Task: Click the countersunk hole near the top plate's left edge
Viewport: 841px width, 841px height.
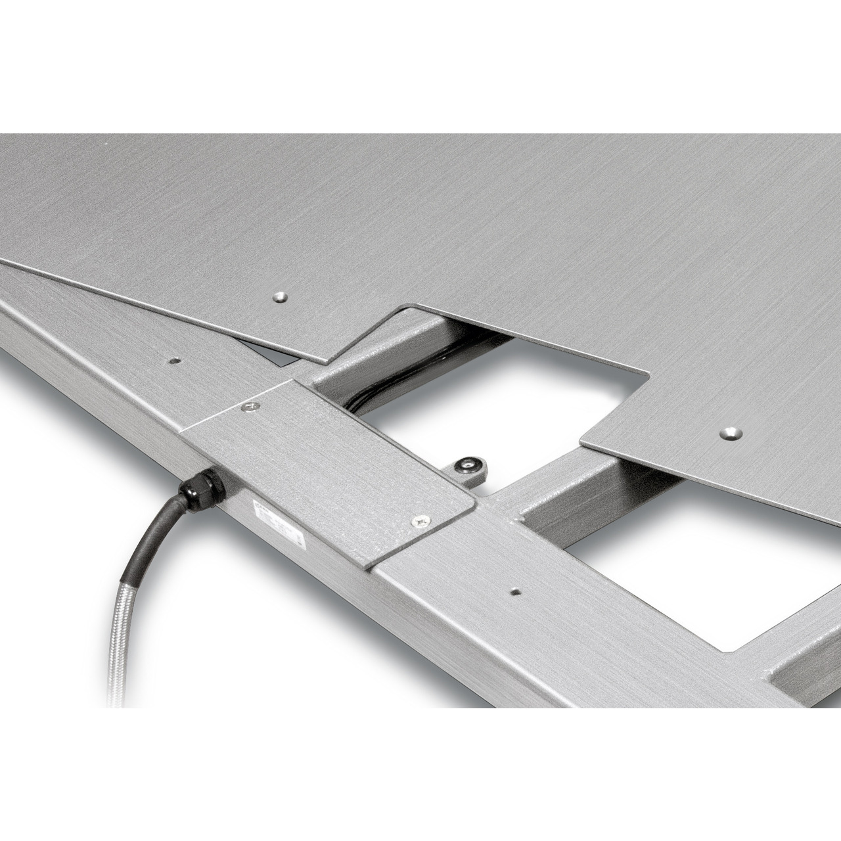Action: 281,298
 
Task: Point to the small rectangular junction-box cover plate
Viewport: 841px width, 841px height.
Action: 329,460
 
